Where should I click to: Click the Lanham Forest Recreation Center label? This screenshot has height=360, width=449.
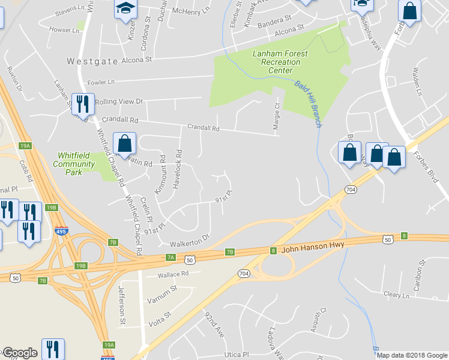(x=280, y=62)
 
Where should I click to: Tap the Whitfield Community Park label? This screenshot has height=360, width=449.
(x=74, y=164)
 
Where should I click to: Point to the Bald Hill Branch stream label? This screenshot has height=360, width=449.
(x=309, y=103)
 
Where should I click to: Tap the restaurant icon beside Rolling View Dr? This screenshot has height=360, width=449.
(x=83, y=104)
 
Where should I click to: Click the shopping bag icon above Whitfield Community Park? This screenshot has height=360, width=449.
(x=124, y=144)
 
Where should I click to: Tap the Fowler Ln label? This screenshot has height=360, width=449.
(x=101, y=82)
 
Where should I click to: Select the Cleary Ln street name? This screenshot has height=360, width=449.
(x=396, y=295)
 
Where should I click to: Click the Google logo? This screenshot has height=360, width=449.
(x=20, y=353)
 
